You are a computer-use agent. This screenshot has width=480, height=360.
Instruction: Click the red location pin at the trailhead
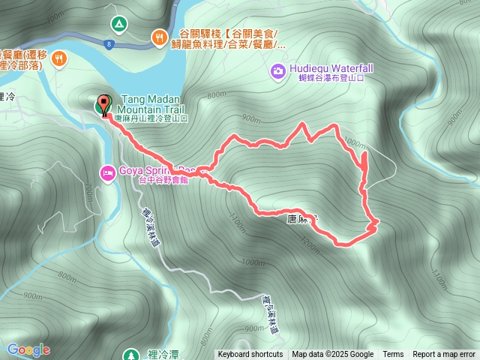pyautogui.click(x=103, y=104)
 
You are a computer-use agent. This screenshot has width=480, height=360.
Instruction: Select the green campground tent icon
pyautogui.click(x=118, y=24)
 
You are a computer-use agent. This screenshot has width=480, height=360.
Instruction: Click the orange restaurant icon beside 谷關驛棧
pyautogui.click(x=159, y=37)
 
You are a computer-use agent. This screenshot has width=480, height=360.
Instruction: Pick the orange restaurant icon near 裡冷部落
pyautogui.click(x=59, y=58)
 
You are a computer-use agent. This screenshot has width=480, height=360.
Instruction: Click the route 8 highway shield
pyautogui.click(x=109, y=45)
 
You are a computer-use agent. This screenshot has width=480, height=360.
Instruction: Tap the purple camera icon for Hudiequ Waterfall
pyautogui.click(x=277, y=70)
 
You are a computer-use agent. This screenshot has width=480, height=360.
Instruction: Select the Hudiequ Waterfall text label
pyautogui.click(x=325, y=68)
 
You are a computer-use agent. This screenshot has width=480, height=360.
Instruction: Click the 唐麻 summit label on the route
pyautogui.click(x=302, y=218)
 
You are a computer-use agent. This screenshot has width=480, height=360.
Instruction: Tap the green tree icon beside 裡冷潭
pyautogui.click(x=130, y=353)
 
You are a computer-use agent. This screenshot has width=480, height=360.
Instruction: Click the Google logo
pyautogui.click(x=28, y=349)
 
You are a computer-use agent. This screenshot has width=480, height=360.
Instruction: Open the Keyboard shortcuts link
pyautogui.click(x=250, y=355)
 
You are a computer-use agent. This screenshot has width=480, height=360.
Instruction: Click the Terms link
pyautogui.click(x=393, y=355)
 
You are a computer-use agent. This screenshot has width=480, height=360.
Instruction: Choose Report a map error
pyautogui.click(x=445, y=355)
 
